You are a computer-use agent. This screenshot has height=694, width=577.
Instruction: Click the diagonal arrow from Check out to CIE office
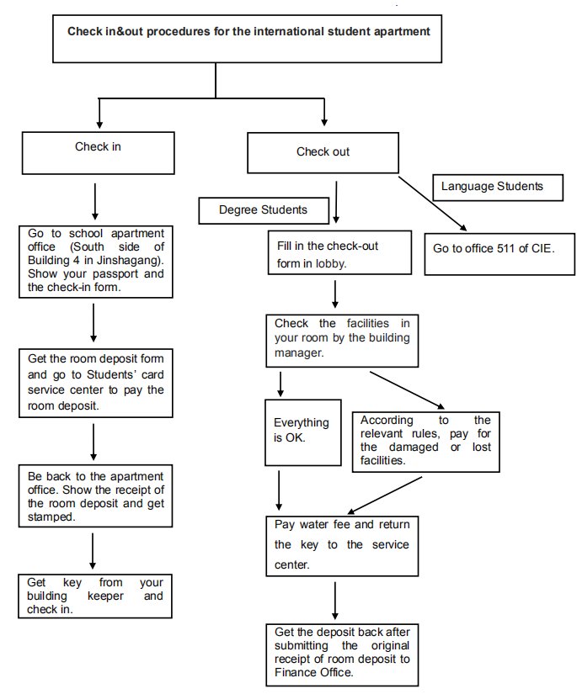point(432,204)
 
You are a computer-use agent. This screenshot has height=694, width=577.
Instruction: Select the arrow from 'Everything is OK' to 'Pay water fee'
point(279,490)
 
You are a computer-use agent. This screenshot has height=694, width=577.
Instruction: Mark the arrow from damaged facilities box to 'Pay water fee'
point(384,495)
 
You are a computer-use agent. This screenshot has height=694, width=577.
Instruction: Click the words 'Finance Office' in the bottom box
point(313,672)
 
